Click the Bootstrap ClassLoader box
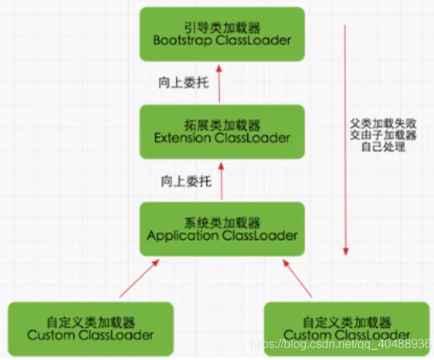(x=221, y=34)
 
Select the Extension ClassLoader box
(x=222, y=132)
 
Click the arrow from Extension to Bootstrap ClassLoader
(x=219, y=83)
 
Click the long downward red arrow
(x=345, y=137)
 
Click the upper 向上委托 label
(x=184, y=83)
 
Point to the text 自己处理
(x=383, y=147)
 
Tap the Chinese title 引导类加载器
(x=221, y=27)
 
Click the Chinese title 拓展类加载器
(x=222, y=125)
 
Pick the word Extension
(x=182, y=138)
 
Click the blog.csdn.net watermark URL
(x=340, y=344)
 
